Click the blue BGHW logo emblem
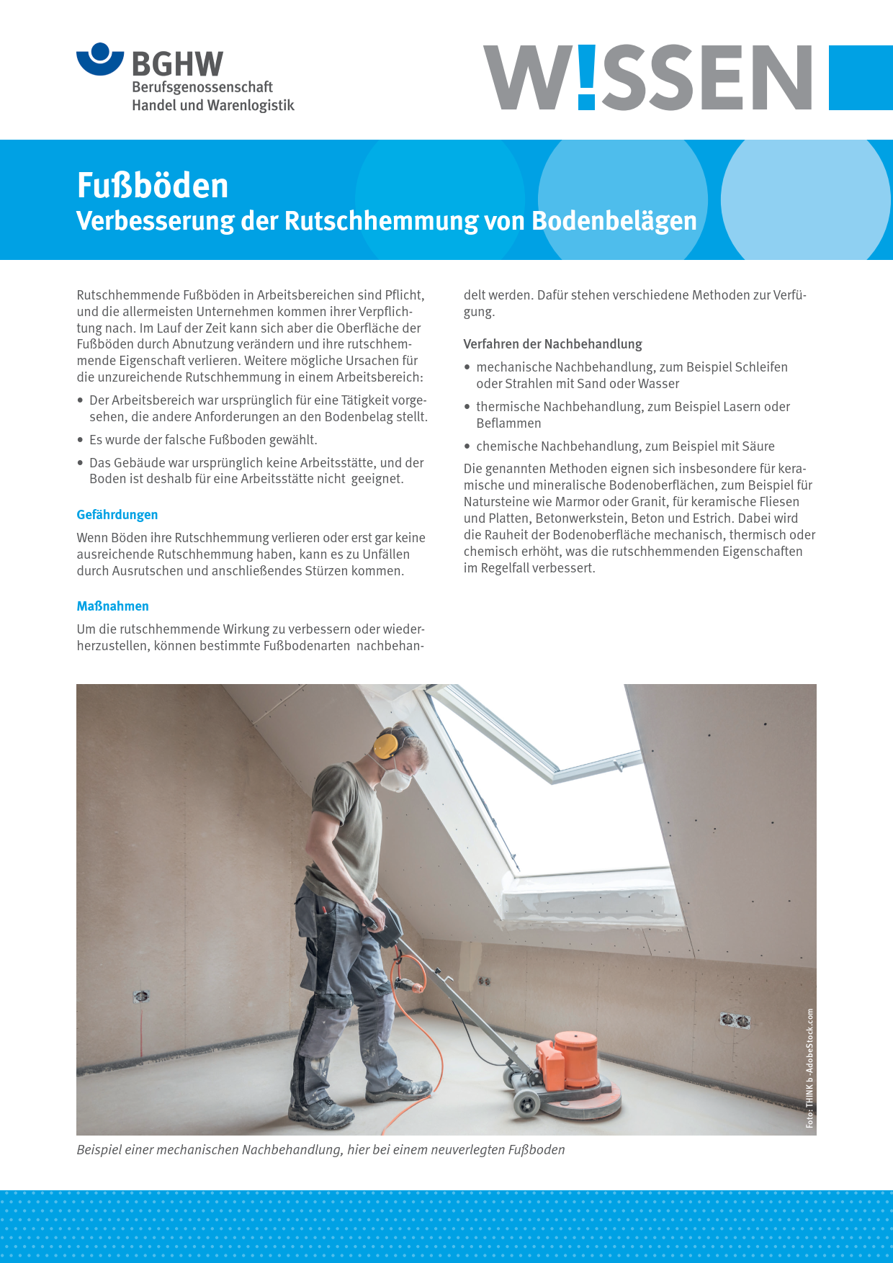click(100, 59)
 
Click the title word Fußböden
click(153, 186)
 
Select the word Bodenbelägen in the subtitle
click(614, 221)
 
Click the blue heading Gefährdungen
click(117, 515)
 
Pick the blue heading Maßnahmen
click(113, 606)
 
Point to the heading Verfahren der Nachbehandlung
click(552, 344)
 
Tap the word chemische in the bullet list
click(506, 446)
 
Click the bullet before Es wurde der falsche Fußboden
click(81, 440)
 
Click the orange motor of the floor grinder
click(571, 1058)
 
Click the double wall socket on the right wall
click(735, 1020)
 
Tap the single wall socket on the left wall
click(141, 997)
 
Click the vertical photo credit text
click(809, 1067)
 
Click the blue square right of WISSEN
click(861, 78)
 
